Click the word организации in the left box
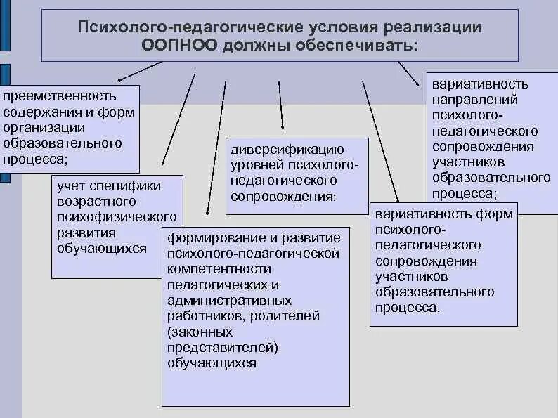click(44, 127)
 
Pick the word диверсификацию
click(287, 150)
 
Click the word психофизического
click(116, 217)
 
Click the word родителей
click(289, 316)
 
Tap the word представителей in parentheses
click(223, 347)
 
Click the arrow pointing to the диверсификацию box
click(281, 105)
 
